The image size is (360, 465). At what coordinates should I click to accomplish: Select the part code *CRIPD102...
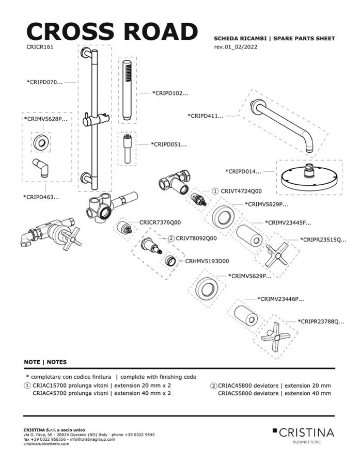pyautogui.click(x=170, y=93)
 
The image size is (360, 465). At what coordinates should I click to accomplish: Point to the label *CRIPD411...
pyautogui.click(x=206, y=116)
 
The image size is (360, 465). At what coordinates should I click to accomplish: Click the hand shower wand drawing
pyautogui.click(x=127, y=90)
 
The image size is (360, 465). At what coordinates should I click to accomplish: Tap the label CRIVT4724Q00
pyautogui.click(x=241, y=190)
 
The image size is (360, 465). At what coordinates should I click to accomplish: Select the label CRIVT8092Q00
pyautogui.click(x=196, y=238)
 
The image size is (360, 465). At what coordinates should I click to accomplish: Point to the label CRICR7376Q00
pyautogui.click(x=160, y=222)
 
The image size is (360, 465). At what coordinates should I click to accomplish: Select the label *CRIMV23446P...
pyautogui.click(x=280, y=299)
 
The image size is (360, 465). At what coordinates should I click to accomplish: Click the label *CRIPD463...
pyautogui.click(x=41, y=197)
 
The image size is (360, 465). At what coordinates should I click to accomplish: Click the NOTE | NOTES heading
pyautogui.click(x=45, y=362)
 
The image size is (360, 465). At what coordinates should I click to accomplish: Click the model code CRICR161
pyautogui.click(x=40, y=46)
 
